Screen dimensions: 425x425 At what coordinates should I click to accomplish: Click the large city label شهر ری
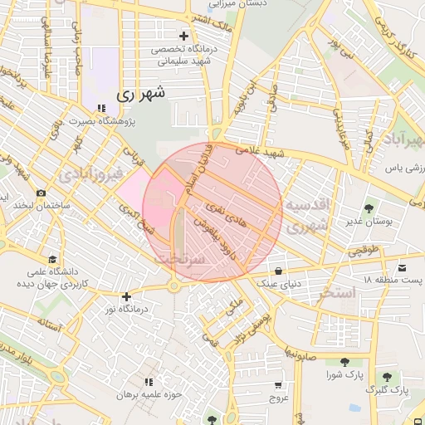pyautogui.click(x=140, y=95)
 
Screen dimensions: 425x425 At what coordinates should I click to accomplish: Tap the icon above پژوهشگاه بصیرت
pyautogui.click(x=101, y=109)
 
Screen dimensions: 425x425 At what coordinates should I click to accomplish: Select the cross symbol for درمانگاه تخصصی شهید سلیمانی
pyautogui.click(x=183, y=36)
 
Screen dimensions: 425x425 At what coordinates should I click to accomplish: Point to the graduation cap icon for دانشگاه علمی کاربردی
pyautogui.click(x=53, y=259)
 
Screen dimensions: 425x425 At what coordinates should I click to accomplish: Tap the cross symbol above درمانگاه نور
pyautogui.click(x=126, y=296)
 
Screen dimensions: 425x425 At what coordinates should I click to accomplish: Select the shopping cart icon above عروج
pyautogui.click(x=278, y=385)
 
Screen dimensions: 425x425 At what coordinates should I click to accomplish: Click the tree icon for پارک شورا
pyautogui.click(x=344, y=362)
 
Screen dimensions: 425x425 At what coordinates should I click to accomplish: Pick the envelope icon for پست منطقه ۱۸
pyautogui.click(x=403, y=267)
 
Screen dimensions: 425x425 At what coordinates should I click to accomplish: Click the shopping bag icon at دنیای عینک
pyautogui.click(x=278, y=271)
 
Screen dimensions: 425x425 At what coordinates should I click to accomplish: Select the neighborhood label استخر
pyautogui.click(x=336, y=292)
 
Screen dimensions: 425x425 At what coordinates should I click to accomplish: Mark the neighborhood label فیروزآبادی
pyautogui.click(x=93, y=174)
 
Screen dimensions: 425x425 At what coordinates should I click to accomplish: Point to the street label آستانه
pyautogui.click(x=49, y=326)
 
